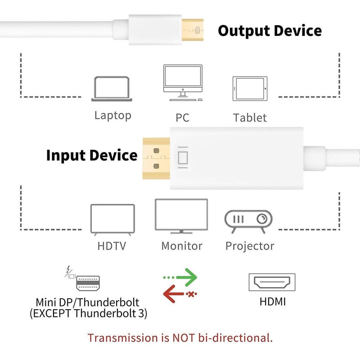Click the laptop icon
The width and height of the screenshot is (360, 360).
coord(112,89)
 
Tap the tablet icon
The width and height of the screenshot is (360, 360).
coord(250,89)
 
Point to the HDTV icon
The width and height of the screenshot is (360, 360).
coord(112,220)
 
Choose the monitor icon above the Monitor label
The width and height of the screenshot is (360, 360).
coord(181,216)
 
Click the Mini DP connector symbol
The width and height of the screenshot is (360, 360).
coord(88,282)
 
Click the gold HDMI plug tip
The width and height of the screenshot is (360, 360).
coord(156,159)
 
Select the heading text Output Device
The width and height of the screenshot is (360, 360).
coord(270,31)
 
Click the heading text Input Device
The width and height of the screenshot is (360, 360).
coord(92,155)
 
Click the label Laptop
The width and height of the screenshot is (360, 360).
coord(112,115)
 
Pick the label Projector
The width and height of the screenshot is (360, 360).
coord(250,246)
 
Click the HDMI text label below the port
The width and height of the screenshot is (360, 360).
coord(272,301)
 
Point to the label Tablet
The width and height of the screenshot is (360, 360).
coord(250,118)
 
